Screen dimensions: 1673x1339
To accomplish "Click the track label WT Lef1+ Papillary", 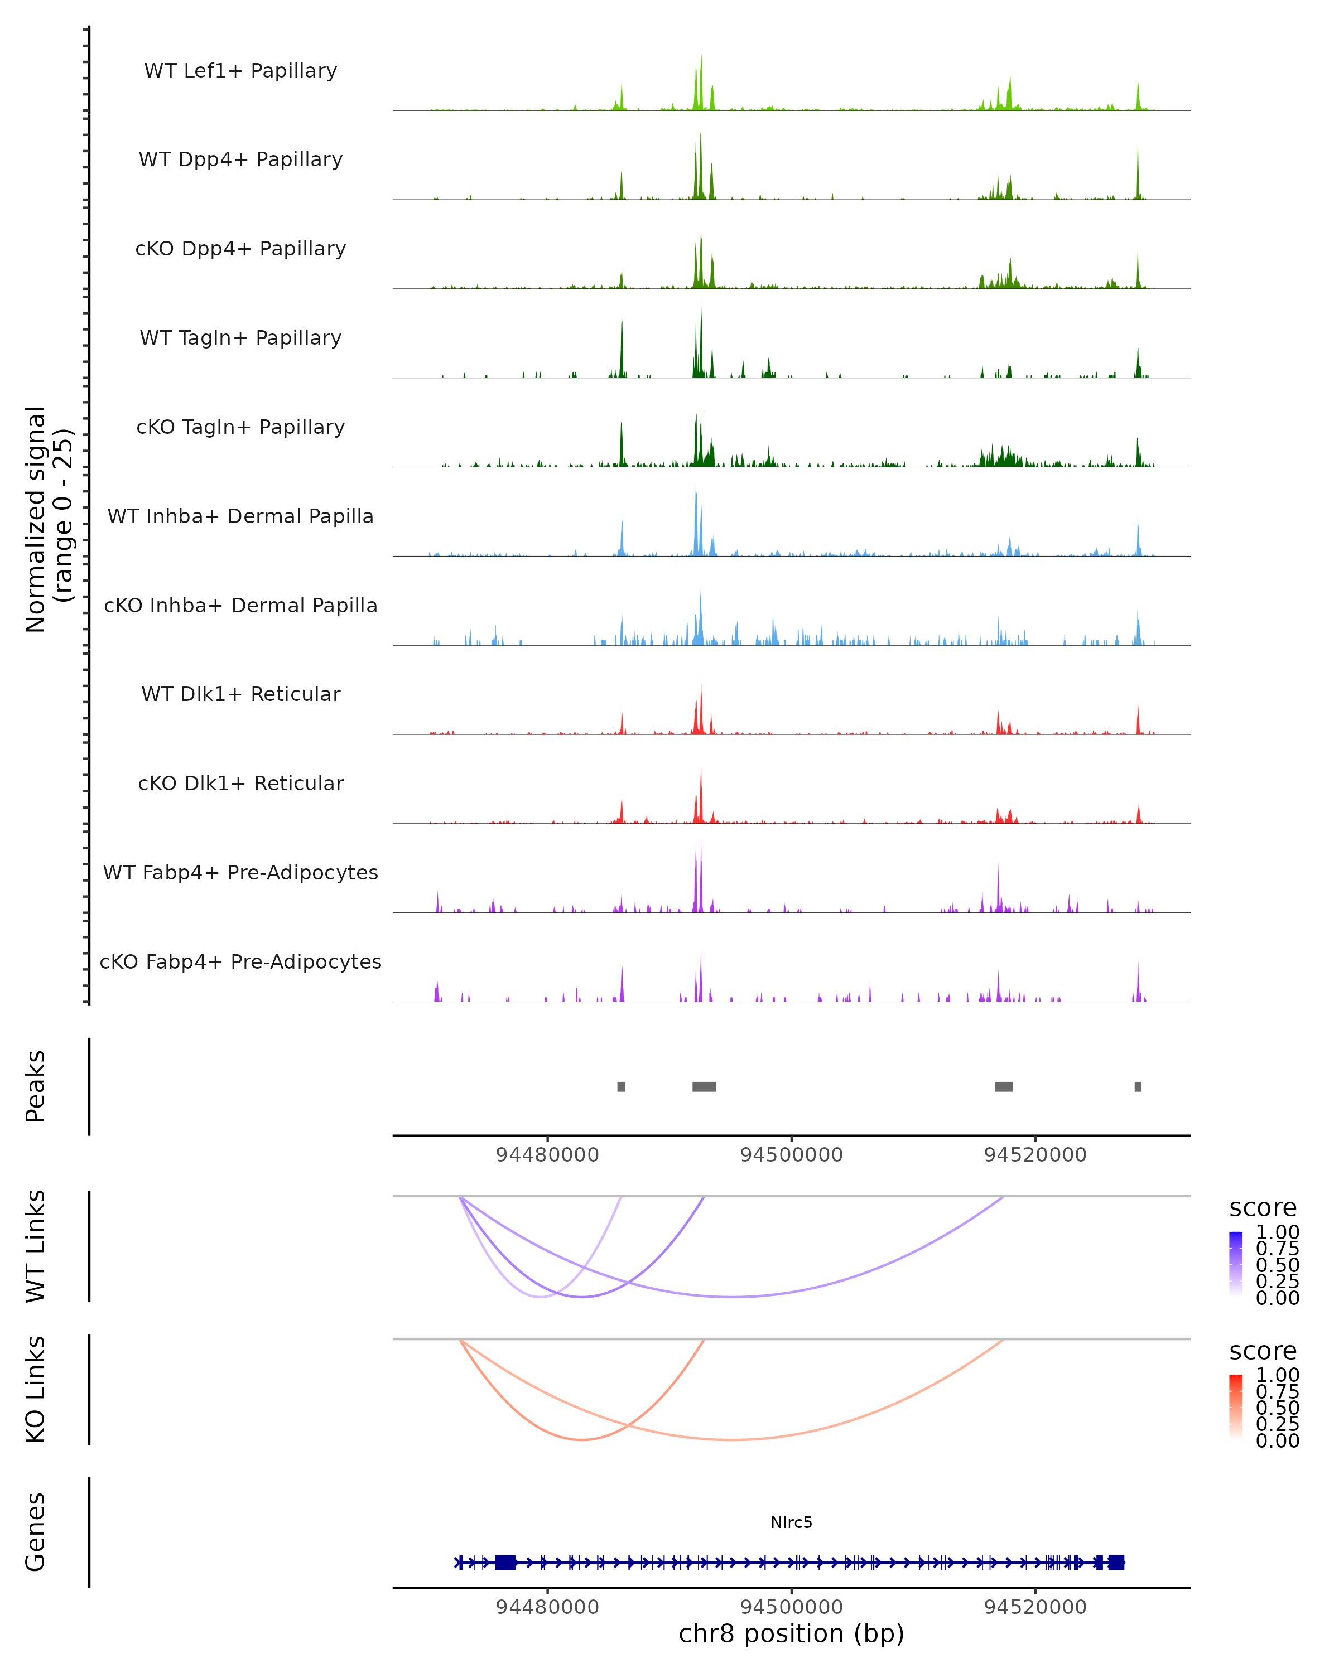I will point(240,71).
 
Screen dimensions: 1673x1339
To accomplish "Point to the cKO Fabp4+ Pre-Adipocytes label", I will point(240,961).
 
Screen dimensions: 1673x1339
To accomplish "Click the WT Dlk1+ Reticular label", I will point(240,694).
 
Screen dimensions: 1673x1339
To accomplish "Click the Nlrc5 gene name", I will point(791,1522).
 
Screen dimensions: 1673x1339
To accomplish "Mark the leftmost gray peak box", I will point(621,1086).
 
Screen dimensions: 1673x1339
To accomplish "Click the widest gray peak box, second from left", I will point(704,1086).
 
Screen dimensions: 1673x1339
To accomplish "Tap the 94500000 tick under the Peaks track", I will point(791,1155).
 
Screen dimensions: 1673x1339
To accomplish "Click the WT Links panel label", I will point(36,1246).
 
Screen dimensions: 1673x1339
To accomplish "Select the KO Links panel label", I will point(36,1390).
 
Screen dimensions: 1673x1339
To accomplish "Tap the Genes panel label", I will point(36,1532).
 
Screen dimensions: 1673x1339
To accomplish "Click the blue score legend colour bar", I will point(1236,1264).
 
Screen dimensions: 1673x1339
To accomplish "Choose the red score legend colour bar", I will point(1236,1407).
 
